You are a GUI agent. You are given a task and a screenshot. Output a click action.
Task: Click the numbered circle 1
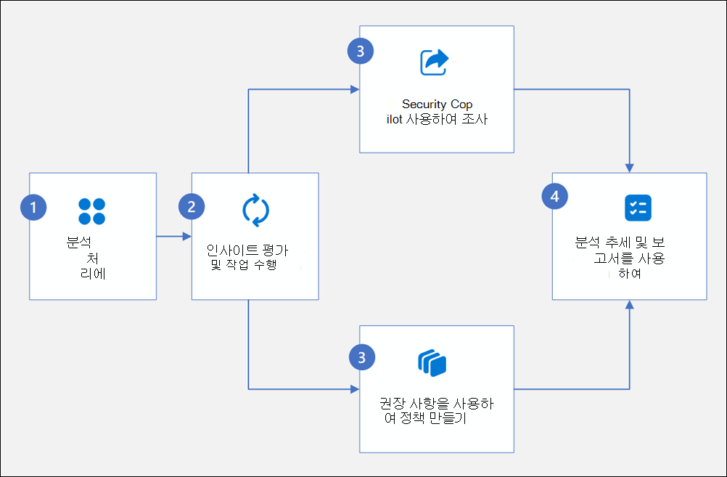(x=33, y=207)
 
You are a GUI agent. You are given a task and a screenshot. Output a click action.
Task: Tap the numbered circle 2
(x=192, y=207)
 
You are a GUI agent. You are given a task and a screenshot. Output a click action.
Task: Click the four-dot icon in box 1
(x=92, y=211)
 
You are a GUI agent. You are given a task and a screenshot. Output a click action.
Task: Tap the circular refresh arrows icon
(x=255, y=210)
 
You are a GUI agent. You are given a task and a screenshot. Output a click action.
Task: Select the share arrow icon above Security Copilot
(x=434, y=62)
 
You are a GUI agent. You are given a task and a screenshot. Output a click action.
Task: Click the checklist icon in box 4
(x=638, y=208)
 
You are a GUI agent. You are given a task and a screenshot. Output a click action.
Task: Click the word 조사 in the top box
(x=475, y=120)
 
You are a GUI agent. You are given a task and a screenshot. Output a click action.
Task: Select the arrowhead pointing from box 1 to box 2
(x=186, y=236)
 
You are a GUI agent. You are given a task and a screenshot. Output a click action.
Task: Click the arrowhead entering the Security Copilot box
(x=355, y=89)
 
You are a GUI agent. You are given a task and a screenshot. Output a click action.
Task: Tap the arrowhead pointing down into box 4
(x=629, y=168)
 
